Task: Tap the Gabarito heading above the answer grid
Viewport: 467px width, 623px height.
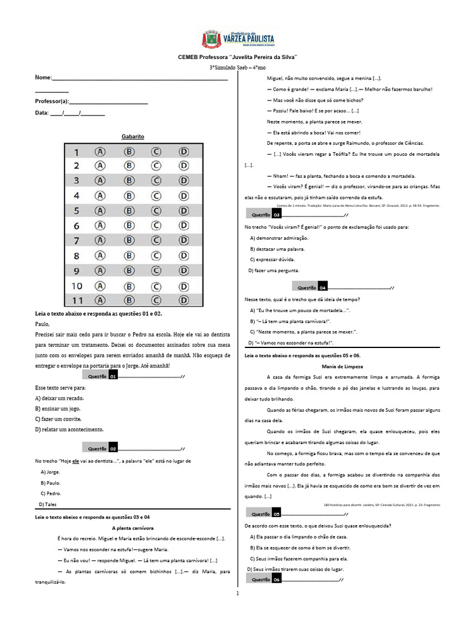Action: click(x=132, y=137)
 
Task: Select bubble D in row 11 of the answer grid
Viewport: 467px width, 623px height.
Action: click(x=183, y=300)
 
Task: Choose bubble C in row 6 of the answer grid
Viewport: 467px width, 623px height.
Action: click(x=156, y=225)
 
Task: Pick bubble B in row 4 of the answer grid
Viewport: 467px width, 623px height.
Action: click(x=129, y=195)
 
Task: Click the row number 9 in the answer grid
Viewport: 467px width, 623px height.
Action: click(x=77, y=270)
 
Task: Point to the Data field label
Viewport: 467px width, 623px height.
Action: click(x=41, y=113)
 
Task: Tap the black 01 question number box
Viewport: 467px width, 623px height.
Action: click(x=112, y=377)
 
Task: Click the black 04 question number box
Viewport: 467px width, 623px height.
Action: click(x=323, y=287)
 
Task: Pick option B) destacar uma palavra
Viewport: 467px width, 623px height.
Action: click(x=277, y=249)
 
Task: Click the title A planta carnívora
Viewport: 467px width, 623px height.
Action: click(x=133, y=528)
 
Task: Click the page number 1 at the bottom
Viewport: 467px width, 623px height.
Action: click(x=237, y=593)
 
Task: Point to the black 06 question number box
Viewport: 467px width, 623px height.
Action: click(x=276, y=580)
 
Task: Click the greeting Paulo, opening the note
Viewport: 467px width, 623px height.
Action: click(x=42, y=324)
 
